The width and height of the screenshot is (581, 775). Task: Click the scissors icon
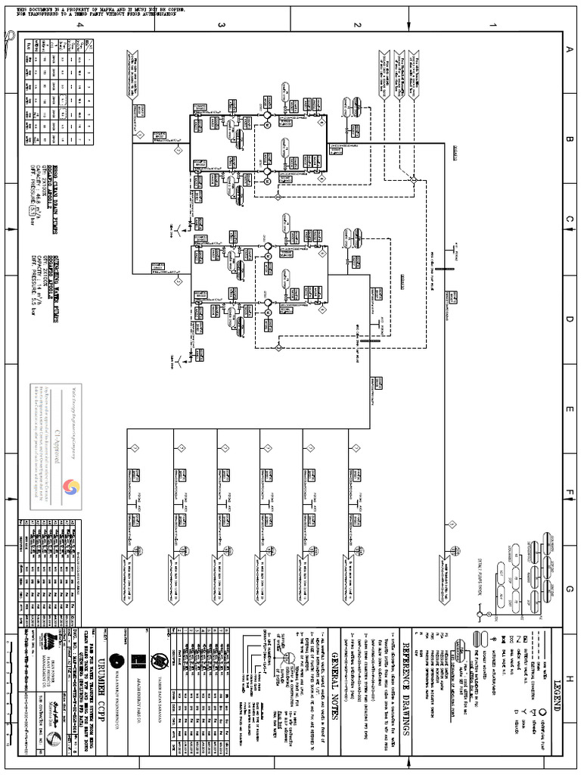(9, 38)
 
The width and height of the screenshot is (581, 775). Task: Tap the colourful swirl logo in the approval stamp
(73, 487)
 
